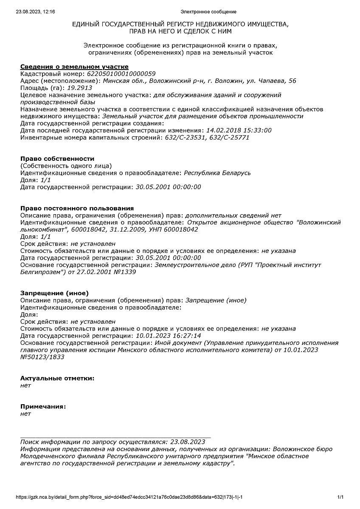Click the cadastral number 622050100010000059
pyautogui.click(x=121, y=74)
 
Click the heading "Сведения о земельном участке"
pyautogui.click(x=74, y=67)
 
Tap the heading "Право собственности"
pyautogui.click(x=57, y=159)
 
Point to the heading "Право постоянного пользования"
pyautogui.click(x=77, y=208)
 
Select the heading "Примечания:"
pyautogui.click(x=43, y=406)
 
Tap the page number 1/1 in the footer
pyautogui.click(x=340, y=497)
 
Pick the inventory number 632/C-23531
pyautogui.click(x=183, y=137)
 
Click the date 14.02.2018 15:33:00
pyautogui.click(x=239, y=131)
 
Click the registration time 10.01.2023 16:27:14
pyautogui.click(x=168, y=336)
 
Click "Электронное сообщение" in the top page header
pyautogui.click(x=208, y=12)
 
